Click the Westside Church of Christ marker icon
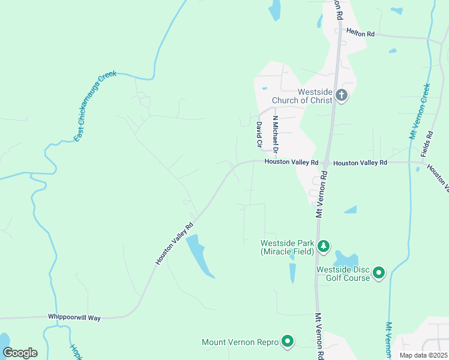(342, 95)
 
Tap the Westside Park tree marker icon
(324, 245)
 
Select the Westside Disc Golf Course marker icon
(378, 273)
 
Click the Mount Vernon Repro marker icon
(288, 342)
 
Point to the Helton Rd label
(360, 34)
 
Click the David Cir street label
(259, 135)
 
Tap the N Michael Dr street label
(276, 134)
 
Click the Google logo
(20, 352)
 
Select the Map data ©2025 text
(423, 355)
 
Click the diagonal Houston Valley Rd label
(174, 242)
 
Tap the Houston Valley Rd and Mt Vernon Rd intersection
(324, 163)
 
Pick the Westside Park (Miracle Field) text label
(287, 247)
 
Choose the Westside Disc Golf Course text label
(343, 273)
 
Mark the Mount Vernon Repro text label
(240, 343)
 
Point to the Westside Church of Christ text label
(302, 96)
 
